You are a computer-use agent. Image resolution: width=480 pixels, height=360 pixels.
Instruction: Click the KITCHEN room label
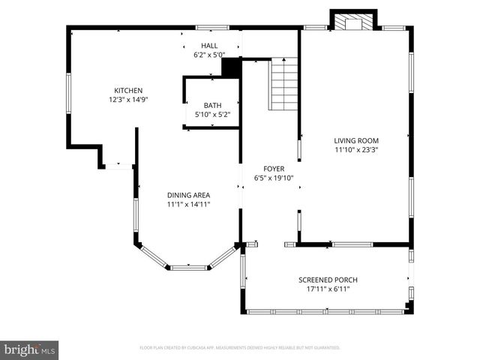click(x=127, y=90)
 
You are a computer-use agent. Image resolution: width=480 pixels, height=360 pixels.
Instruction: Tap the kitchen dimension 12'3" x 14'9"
click(x=127, y=99)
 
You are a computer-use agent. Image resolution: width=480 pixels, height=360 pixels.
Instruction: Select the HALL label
click(x=198, y=46)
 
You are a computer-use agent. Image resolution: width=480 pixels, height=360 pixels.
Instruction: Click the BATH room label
click(x=213, y=106)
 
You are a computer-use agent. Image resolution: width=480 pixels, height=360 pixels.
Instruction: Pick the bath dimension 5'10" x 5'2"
click(x=213, y=115)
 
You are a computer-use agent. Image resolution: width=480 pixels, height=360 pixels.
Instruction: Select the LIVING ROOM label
click(x=356, y=140)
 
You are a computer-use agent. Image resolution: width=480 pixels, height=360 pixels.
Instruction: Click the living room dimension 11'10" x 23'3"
click(x=356, y=149)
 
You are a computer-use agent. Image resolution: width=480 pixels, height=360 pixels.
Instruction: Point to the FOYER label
click(x=272, y=169)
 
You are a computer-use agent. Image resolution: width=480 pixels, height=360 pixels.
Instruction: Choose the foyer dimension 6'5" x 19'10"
click(x=272, y=178)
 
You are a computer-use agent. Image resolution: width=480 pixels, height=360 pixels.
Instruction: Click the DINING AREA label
click(x=188, y=194)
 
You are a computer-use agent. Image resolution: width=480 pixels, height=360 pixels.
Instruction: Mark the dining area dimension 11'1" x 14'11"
click(x=188, y=203)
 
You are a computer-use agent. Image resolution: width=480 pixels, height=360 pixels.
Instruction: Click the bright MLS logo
click(x=30, y=349)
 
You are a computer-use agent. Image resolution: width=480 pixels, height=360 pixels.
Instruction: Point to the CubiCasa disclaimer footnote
click(x=240, y=348)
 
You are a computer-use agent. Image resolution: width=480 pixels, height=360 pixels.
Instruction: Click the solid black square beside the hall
click(x=230, y=67)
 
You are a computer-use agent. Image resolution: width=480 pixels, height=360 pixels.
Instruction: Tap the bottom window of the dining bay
click(x=187, y=266)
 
